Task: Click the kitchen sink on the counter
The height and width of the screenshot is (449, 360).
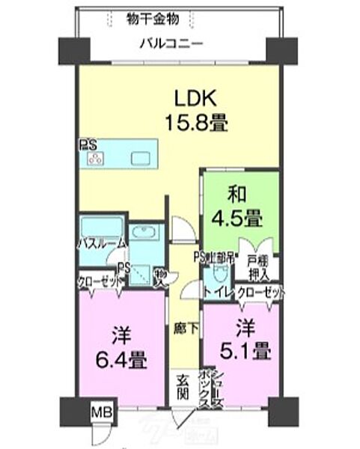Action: tap(141, 158)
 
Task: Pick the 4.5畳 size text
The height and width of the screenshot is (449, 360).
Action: tap(240, 219)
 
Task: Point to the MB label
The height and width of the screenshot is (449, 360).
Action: tap(99, 412)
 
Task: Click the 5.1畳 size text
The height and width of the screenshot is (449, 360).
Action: tap(241, 349)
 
